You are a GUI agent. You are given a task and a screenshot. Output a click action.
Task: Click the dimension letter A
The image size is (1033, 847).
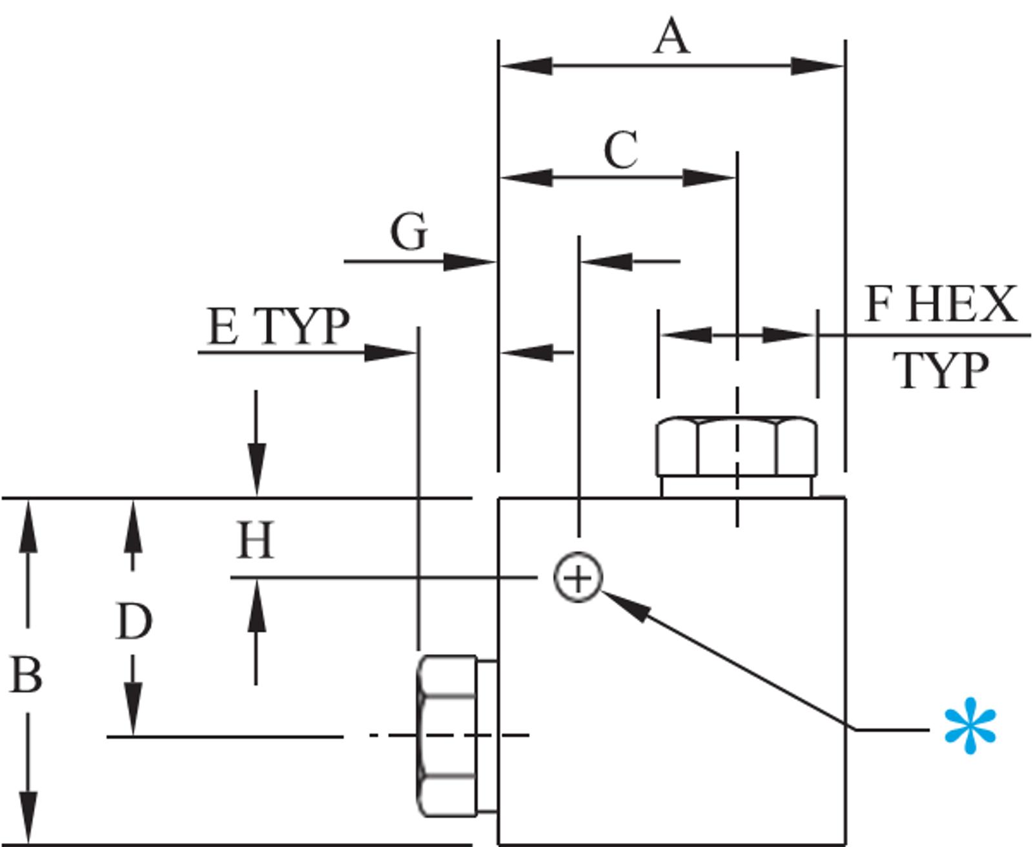click(672, 36)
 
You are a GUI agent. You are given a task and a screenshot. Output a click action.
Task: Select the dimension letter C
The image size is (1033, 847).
click(620, 150)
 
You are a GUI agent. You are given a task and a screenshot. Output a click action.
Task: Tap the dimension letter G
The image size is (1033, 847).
click(409, 231)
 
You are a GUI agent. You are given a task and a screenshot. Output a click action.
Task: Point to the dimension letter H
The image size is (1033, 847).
click(254, 540)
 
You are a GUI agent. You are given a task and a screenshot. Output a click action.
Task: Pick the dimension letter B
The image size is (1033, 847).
click(25, 675)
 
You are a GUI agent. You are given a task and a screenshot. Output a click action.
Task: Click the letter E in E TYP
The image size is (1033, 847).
click(223, 326)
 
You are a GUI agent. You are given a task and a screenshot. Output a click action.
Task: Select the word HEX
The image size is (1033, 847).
click(962, 304)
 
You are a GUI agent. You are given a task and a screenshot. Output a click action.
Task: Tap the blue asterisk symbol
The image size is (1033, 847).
click(970, 726)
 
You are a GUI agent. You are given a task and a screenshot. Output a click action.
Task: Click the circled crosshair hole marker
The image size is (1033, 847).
click(578, 578)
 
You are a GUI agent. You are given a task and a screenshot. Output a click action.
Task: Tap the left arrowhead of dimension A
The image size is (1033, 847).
click(526, 66)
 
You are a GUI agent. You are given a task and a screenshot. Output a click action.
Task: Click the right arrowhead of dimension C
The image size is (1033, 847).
click(710, 178)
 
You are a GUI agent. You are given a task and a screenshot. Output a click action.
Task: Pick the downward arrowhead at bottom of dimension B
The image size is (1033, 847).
click(28, 817)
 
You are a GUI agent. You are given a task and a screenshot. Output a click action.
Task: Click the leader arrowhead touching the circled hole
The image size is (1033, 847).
click(626, 606)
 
